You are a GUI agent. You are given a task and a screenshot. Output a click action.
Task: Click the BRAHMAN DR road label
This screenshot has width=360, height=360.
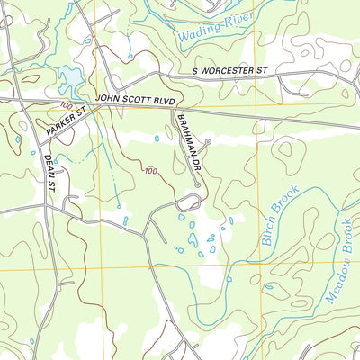[x=187, y=141]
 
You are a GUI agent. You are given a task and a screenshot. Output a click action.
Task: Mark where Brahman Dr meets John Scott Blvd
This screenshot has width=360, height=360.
[x=173, y=107]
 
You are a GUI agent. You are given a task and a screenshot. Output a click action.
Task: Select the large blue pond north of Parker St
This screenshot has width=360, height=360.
[x=67, y=84]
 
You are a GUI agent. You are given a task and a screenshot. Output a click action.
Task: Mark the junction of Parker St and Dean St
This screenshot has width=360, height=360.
[x=40, y=135]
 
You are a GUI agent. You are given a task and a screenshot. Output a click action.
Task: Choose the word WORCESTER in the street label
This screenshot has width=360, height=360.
[x=234, y=70]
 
